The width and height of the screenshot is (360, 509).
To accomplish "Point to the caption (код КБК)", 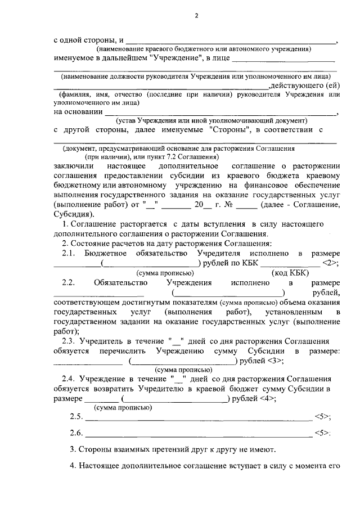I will click(290, 272).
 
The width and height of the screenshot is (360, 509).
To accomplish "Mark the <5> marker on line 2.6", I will click(322, 434).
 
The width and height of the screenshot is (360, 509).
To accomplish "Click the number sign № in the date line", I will click(229, 205).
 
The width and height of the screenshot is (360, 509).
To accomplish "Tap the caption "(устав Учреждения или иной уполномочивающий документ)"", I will click(211, 120).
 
